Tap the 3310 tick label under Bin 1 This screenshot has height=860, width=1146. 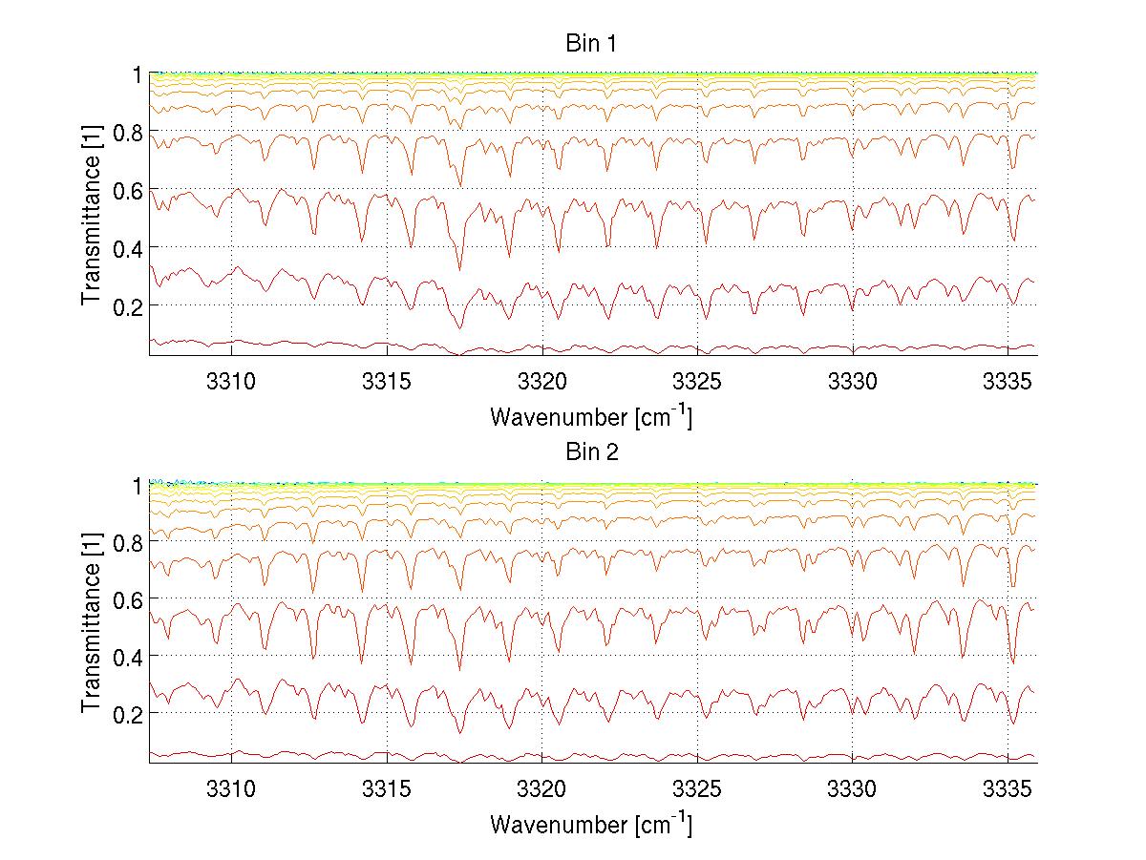pos(231,380)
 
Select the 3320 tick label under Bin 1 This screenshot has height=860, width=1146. pos(542,380)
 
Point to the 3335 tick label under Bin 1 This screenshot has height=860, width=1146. pos(1008,380)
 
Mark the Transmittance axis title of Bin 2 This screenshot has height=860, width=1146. pos(92,623)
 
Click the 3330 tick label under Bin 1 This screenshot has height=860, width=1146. pos(853,380)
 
